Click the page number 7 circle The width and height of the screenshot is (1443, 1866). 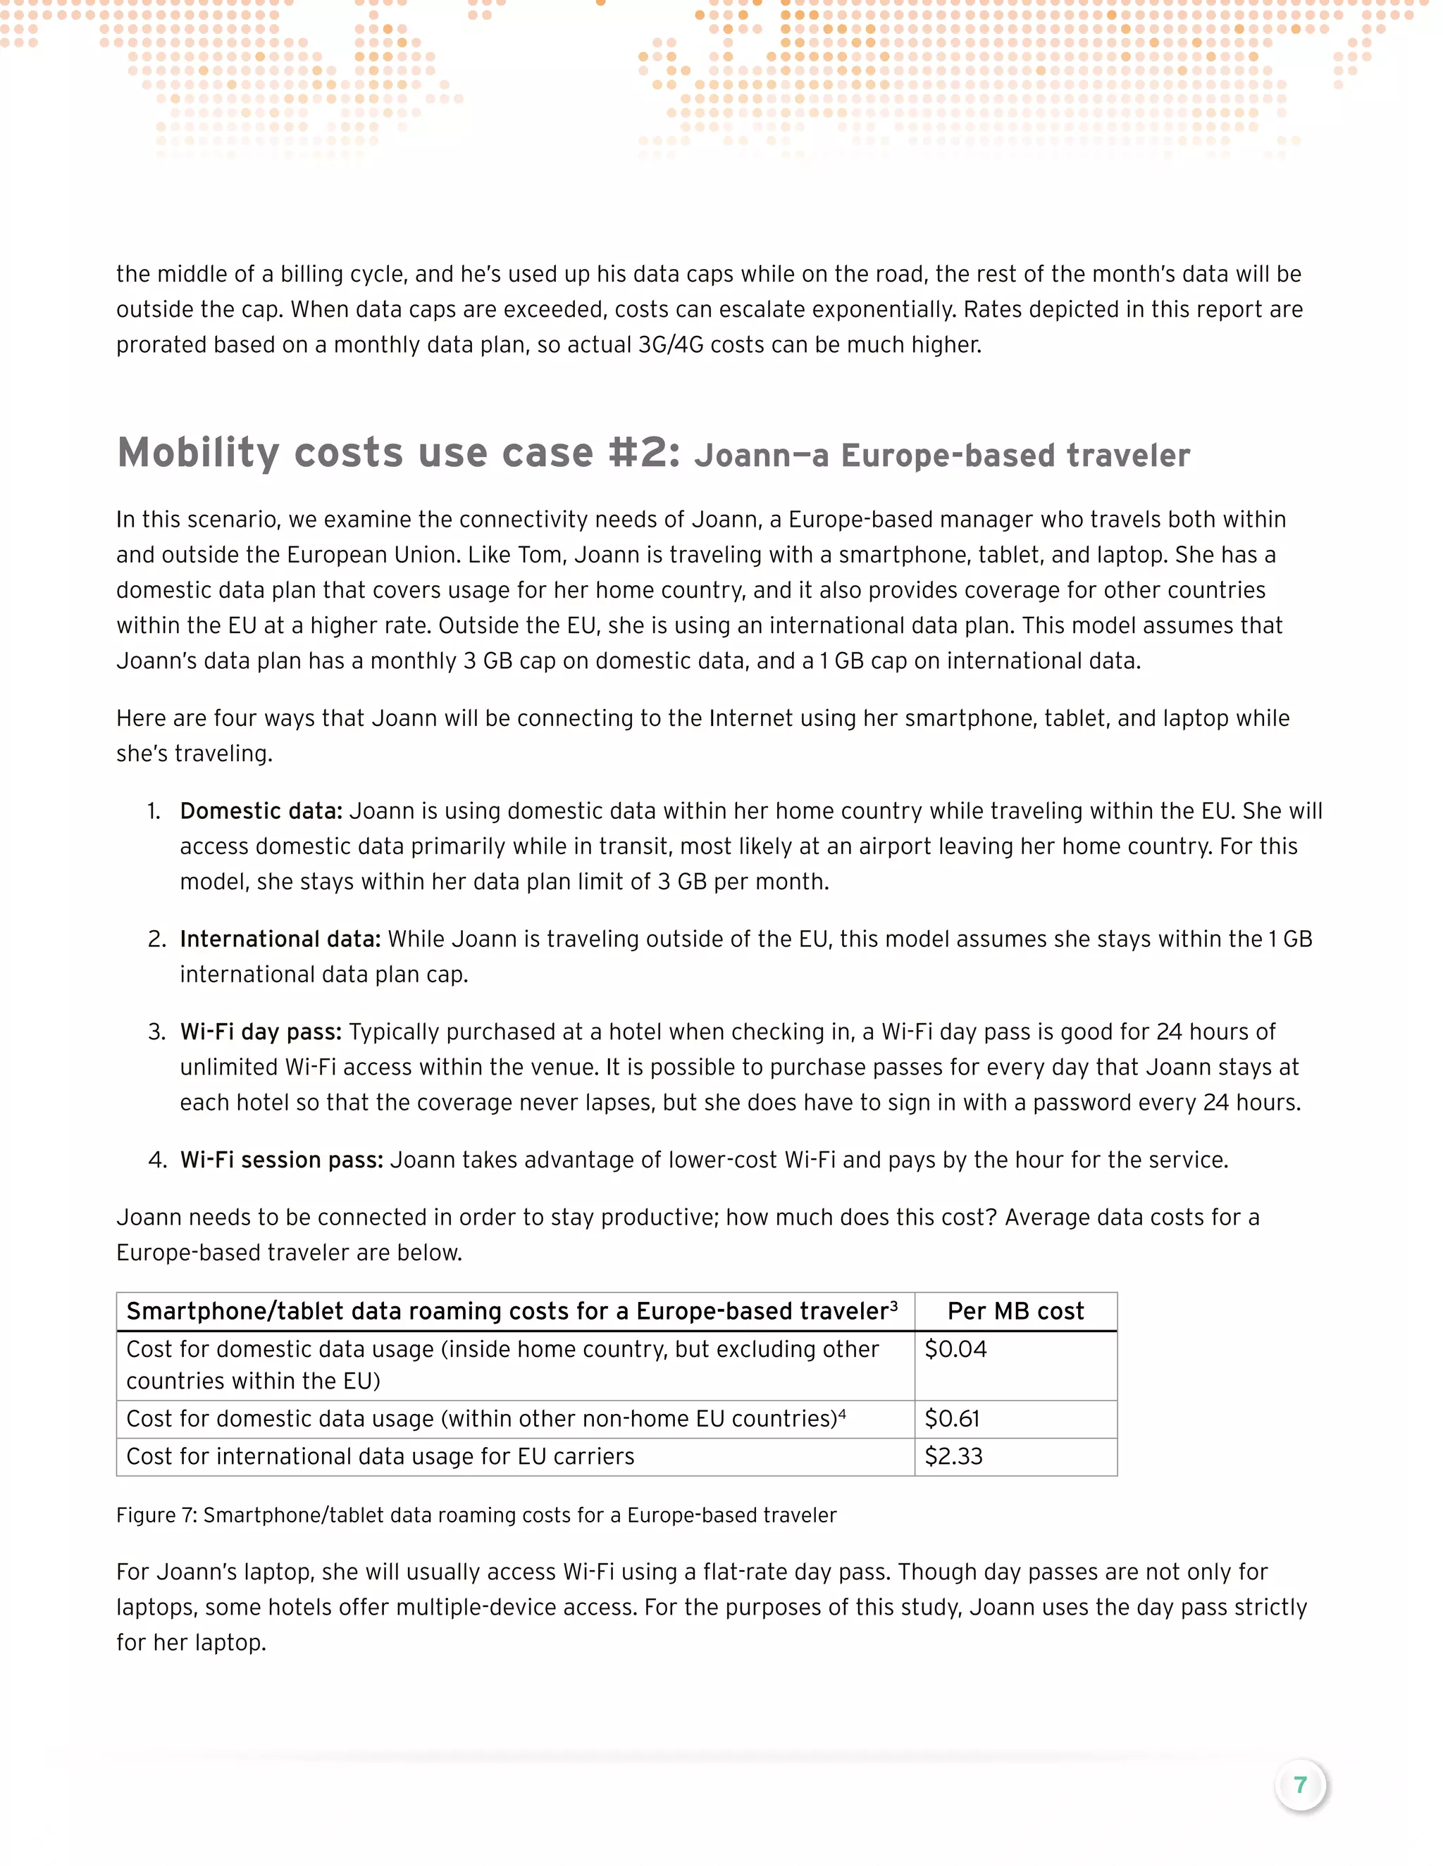[x=1299, y=1785]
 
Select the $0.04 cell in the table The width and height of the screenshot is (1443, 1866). [x=955, y=1349]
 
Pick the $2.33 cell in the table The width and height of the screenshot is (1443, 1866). [x=953, y=1456]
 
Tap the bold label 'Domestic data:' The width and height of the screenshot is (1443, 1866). [x=261, y=810]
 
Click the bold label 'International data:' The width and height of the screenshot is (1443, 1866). [x=280, y=939]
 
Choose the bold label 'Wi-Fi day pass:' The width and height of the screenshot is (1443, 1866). [x=260, y=1032]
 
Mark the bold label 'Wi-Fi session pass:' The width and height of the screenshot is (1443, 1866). [x=281, y=1160]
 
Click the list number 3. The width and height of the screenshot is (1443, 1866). [x=156, y=1032]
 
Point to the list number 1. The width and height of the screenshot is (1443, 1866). [x=154, y=810]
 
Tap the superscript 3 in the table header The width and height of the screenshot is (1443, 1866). [x=893, y=1305]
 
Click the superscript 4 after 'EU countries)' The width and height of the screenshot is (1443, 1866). [x=842, y=1413]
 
